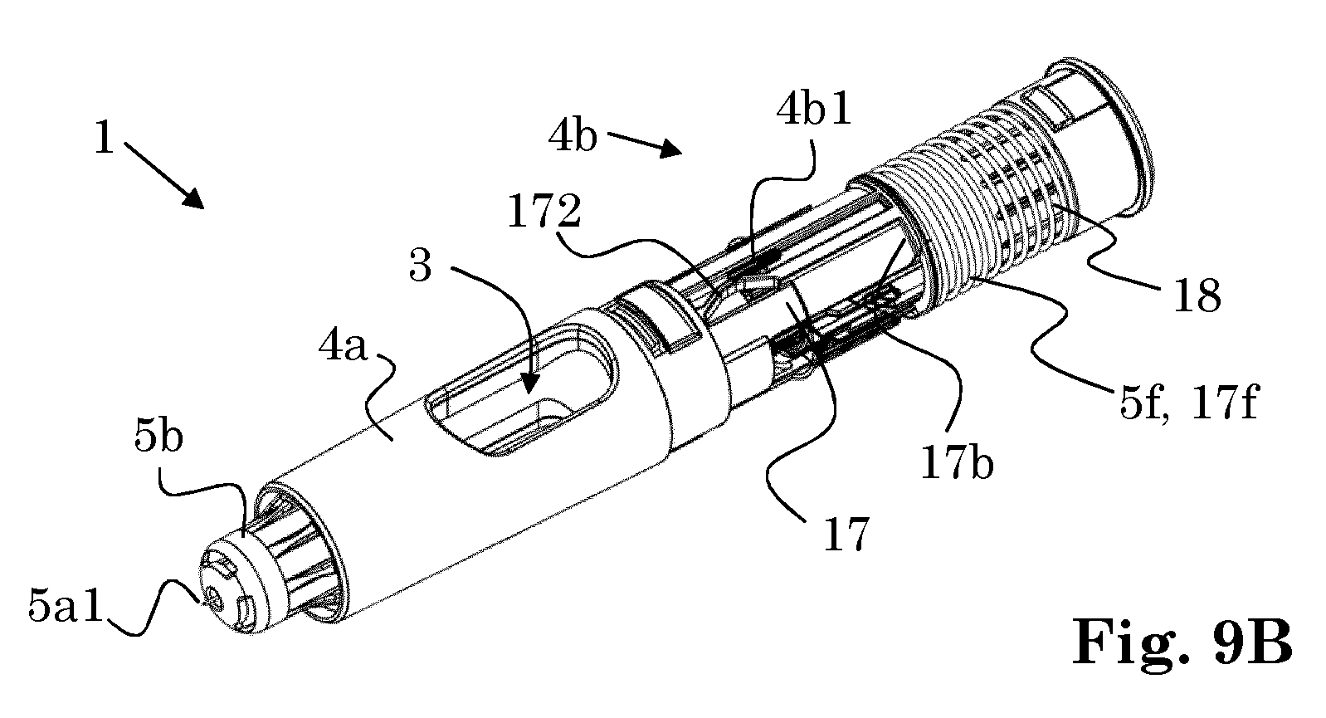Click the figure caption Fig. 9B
[x=1182, y=642]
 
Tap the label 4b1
[x=815, y=109]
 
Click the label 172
[x=544, y=212]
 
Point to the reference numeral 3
[x=421, y=265]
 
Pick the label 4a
[x=344, y=346]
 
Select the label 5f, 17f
[x=1188, y=401]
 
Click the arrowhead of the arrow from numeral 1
[x=194, y=198]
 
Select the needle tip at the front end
[x=206, y=602]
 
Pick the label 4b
[x=573, y=137]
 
